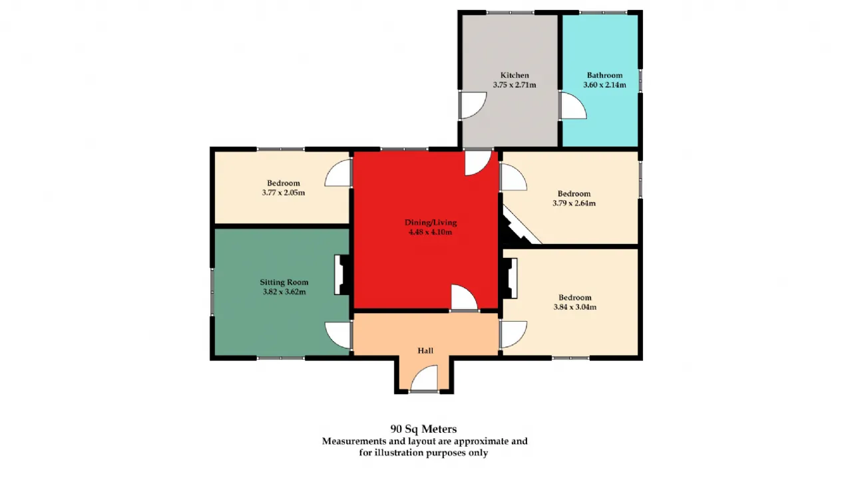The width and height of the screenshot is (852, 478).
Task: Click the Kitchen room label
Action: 515,75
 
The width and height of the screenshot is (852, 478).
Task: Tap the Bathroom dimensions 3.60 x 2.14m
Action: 604,84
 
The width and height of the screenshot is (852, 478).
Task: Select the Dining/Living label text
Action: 431,223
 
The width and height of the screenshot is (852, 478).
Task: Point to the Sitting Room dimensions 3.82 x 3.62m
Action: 284,292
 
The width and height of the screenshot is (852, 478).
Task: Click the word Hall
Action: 425,350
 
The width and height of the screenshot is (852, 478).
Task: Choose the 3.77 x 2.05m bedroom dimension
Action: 284,193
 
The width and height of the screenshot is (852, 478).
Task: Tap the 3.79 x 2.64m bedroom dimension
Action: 574,203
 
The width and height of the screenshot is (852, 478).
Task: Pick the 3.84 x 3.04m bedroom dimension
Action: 574,306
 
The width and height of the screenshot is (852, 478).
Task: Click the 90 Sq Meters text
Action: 423,429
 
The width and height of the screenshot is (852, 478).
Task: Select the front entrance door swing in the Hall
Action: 424,378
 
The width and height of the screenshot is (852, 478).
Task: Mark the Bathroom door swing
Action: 573,105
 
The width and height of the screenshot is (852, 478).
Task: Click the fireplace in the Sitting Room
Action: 343,275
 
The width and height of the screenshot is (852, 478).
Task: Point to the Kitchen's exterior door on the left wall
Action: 473,105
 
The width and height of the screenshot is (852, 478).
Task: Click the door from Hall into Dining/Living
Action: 464,299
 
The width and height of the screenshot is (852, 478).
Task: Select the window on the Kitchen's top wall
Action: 510,13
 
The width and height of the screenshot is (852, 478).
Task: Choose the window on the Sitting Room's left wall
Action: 212,292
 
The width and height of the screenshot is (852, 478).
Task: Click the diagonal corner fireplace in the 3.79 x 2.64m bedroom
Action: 519,226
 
